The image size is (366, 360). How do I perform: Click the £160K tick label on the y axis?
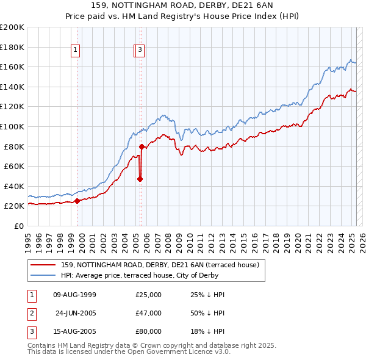12,67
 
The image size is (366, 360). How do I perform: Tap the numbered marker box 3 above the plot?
140,51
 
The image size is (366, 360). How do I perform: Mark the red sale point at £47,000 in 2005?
140,179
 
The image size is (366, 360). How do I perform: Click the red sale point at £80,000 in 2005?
142,146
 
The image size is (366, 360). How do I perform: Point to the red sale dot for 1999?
77,201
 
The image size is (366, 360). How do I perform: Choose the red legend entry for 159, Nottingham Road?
160,265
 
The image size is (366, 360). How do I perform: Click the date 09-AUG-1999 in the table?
74,295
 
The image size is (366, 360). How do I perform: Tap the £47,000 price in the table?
148,314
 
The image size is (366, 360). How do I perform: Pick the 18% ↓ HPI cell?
207,332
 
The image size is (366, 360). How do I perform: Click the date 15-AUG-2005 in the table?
74,332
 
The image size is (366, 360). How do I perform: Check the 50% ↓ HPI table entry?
207,314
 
